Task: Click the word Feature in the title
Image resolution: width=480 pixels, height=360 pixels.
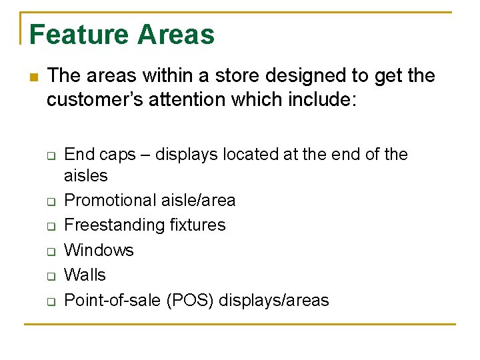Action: [x=75, y=35]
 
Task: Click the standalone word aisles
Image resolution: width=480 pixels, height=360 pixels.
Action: [x=85, y=176]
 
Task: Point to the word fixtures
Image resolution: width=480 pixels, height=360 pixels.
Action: [x=195, y=225]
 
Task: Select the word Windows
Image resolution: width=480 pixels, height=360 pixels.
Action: [x=99, y=251]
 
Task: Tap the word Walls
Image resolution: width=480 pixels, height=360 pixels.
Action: [x=85, y=275]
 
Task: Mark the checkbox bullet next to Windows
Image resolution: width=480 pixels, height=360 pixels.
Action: [x=50, y=251]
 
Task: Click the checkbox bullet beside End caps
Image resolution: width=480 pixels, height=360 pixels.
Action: [x=50, y=155]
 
